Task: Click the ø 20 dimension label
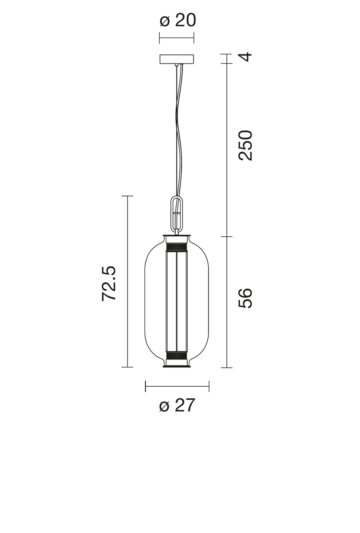click(x=178, y=20)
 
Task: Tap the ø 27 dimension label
click(x=177, y=405)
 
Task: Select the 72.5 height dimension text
click(x=109, y=283)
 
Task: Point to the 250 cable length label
click(x=245, y=146)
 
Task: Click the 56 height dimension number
click(x=245, y=298)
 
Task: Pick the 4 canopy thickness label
click(x=245, y=57)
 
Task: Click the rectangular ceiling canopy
click(x=176, y=59)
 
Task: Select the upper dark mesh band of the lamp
click(x=177, y=246)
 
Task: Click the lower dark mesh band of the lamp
click(x=177, y=355)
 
